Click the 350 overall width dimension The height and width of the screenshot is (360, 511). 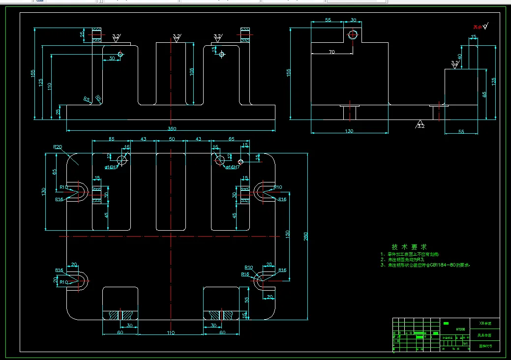pos(172,129)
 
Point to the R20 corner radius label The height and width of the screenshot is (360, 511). pos(58,147)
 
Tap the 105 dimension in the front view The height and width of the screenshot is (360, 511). pos(192,71)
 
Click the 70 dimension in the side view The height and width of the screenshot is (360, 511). pos(331,52)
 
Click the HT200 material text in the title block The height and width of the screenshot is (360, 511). pos(460,329)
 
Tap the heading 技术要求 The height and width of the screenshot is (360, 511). pos(409,246)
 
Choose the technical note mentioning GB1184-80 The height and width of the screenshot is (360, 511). pos(425,265)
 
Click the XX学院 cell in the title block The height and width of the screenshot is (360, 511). pos(485,323)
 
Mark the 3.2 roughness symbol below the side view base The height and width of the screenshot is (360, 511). pos(421,124)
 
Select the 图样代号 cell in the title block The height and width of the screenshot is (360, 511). pos(485,347)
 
